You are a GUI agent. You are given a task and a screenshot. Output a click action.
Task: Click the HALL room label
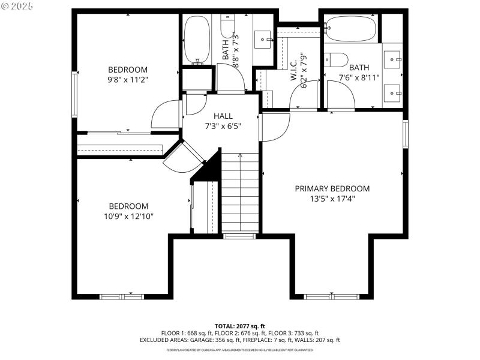(x=223, y=116)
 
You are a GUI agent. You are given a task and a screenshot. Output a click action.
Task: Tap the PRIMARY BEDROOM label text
(x=332, y=188)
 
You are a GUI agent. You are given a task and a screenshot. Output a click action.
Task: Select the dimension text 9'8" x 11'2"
(x=127, y=79)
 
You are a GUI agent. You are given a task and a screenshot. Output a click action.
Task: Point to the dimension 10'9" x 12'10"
(x=128, y=216)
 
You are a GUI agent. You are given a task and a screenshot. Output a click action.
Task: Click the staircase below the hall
(x=239, y=192)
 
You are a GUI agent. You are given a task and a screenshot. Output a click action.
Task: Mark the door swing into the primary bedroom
(x=274, y=127)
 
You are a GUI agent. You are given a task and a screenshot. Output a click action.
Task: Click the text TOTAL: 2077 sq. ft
(x=239, y=326)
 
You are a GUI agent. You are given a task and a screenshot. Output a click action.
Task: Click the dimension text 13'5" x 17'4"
(x=332, y=199)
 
